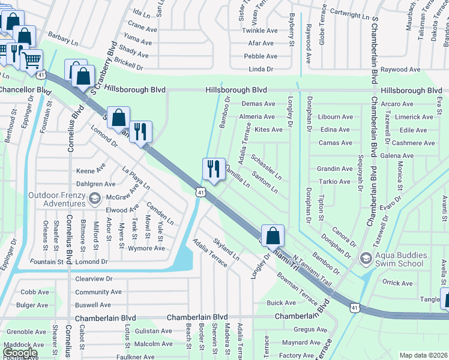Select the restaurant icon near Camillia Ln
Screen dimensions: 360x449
pyautogui.click(x=214, y=170)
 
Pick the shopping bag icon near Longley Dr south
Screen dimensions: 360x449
pyautogui.click(x=273, y=236)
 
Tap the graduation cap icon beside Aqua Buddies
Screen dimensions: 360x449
pyautogui.click(x=365, y=259)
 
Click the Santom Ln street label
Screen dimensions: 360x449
pyautogui.click(x=265, y=182)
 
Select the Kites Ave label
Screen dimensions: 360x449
pyautogui.click(x=268, y=130)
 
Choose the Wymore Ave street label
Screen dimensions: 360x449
pyautogui.click(x=146, y=248)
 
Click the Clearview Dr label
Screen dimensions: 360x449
pyautogui.click(x=94, y=279)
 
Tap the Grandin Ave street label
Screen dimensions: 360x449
pyautogui.click(x=334, y=169)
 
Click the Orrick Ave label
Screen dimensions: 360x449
pyautogui.click(x=397, y=283)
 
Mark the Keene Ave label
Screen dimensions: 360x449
pyautogui.click(x=91, y=171)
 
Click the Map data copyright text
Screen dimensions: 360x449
pyautogui.click(x=424, y=355)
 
